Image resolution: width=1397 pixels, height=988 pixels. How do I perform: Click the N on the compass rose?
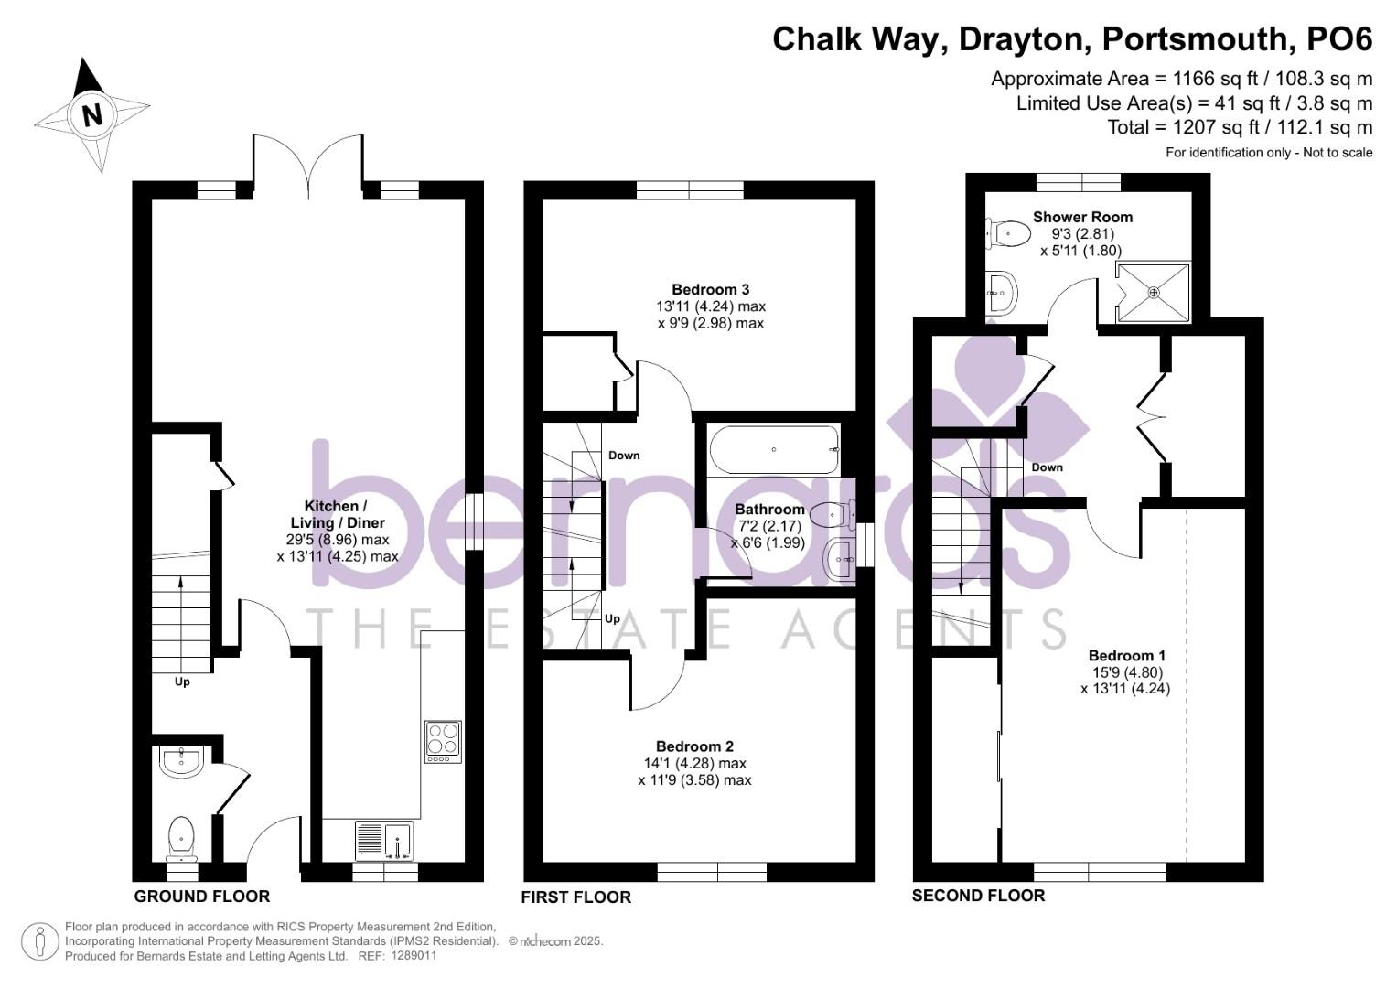pyautogui.click(x=91, y=116)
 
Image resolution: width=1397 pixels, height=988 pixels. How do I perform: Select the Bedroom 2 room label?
pyautogui.click(x=694, y=746)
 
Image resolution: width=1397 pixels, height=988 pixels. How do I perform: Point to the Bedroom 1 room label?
pyautogui.click(x=1126, y=656)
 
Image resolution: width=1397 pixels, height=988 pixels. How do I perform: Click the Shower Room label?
pyautogui.click(x=1082, y=218)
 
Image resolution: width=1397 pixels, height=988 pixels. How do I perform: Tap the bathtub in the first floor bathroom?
pyautogui.click(x=774, y=449)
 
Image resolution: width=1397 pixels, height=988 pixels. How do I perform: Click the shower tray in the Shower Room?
pyautogui.click(x=1153, y=293)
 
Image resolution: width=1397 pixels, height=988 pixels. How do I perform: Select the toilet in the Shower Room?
pyautogui.click(x=1006, y=233)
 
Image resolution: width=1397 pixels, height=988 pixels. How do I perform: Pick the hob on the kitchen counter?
pyautogui.click(x=444, y=742)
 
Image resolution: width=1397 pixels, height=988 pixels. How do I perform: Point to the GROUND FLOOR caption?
pyautogui.click(x=201, y=897)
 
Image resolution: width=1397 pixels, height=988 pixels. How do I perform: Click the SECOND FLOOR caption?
pyautogui.click(x=978, y=896)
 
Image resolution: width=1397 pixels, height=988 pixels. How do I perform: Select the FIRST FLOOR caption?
pyautogui.click(x=575, y=897)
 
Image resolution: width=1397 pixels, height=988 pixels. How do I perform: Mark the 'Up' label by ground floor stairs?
pyautogui.click(x=182, y=682)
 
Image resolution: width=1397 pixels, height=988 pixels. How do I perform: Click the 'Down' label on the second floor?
pyautogui.click(x=1047, y=467)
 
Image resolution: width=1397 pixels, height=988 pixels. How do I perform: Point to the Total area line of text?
pyautogui.click(x=1240, y=127)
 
